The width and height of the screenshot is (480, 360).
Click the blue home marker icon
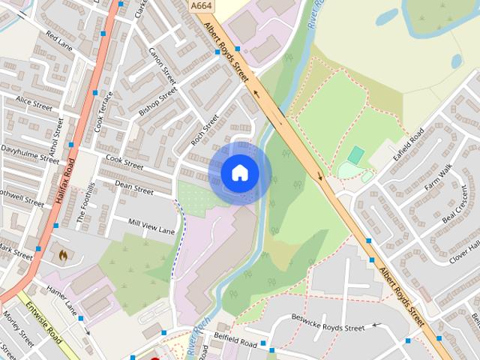click(239, 173)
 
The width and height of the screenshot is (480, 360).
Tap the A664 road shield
click(199, 5)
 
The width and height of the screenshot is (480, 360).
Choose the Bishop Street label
click(157, 102)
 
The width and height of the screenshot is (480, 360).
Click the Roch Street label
click(203, 129)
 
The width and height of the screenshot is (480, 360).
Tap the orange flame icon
click(64, 255)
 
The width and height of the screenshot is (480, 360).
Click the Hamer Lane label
click(61, 298)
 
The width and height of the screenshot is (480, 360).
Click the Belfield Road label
click(235, 340)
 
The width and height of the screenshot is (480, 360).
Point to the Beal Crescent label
click(460, 214)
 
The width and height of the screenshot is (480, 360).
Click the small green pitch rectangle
click(356, 155)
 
